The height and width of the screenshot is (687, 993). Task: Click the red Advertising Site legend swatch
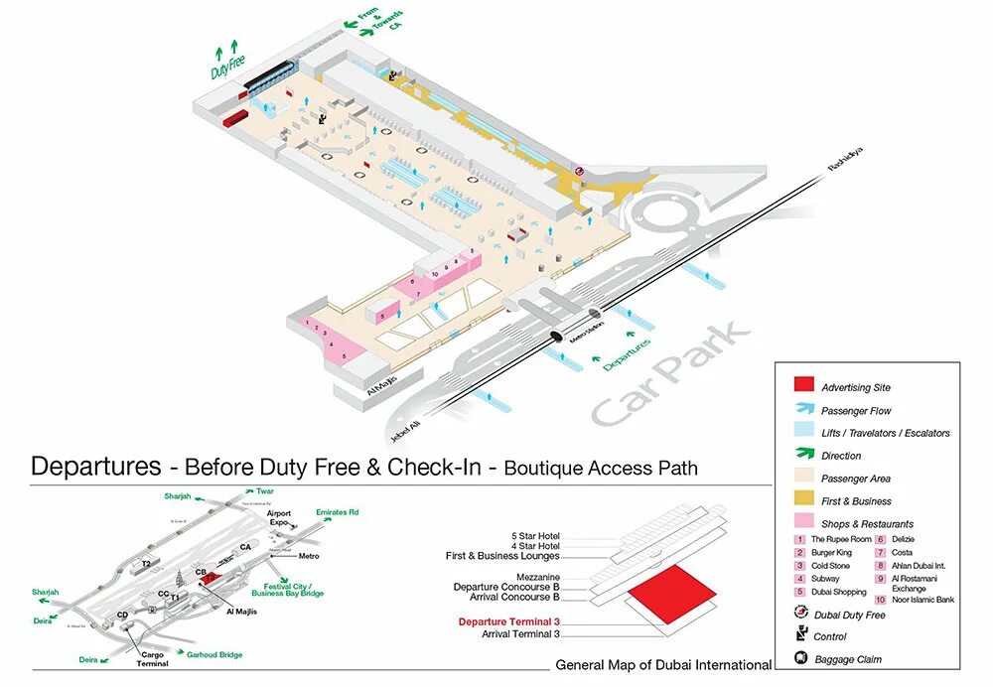coord(803,386)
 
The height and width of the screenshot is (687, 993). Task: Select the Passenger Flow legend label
coord(856,410)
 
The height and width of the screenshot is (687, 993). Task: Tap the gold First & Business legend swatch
coord(803,500)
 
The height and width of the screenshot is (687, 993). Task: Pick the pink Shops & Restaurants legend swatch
coord(803,523)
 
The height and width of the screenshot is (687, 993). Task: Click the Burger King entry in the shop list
coord(831,552)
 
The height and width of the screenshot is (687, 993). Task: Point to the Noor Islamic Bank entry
coord(922,600)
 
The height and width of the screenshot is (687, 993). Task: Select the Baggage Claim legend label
coord(847,659)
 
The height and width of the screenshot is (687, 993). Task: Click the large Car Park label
coord(671,374)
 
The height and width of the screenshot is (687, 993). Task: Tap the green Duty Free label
coord(227,68)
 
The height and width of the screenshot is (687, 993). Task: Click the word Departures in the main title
coord(95,466)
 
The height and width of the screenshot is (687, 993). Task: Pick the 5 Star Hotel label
coord(535,536)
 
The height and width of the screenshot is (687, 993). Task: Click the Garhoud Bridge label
coord(214,655)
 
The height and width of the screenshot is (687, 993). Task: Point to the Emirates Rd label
coord(338,512)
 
